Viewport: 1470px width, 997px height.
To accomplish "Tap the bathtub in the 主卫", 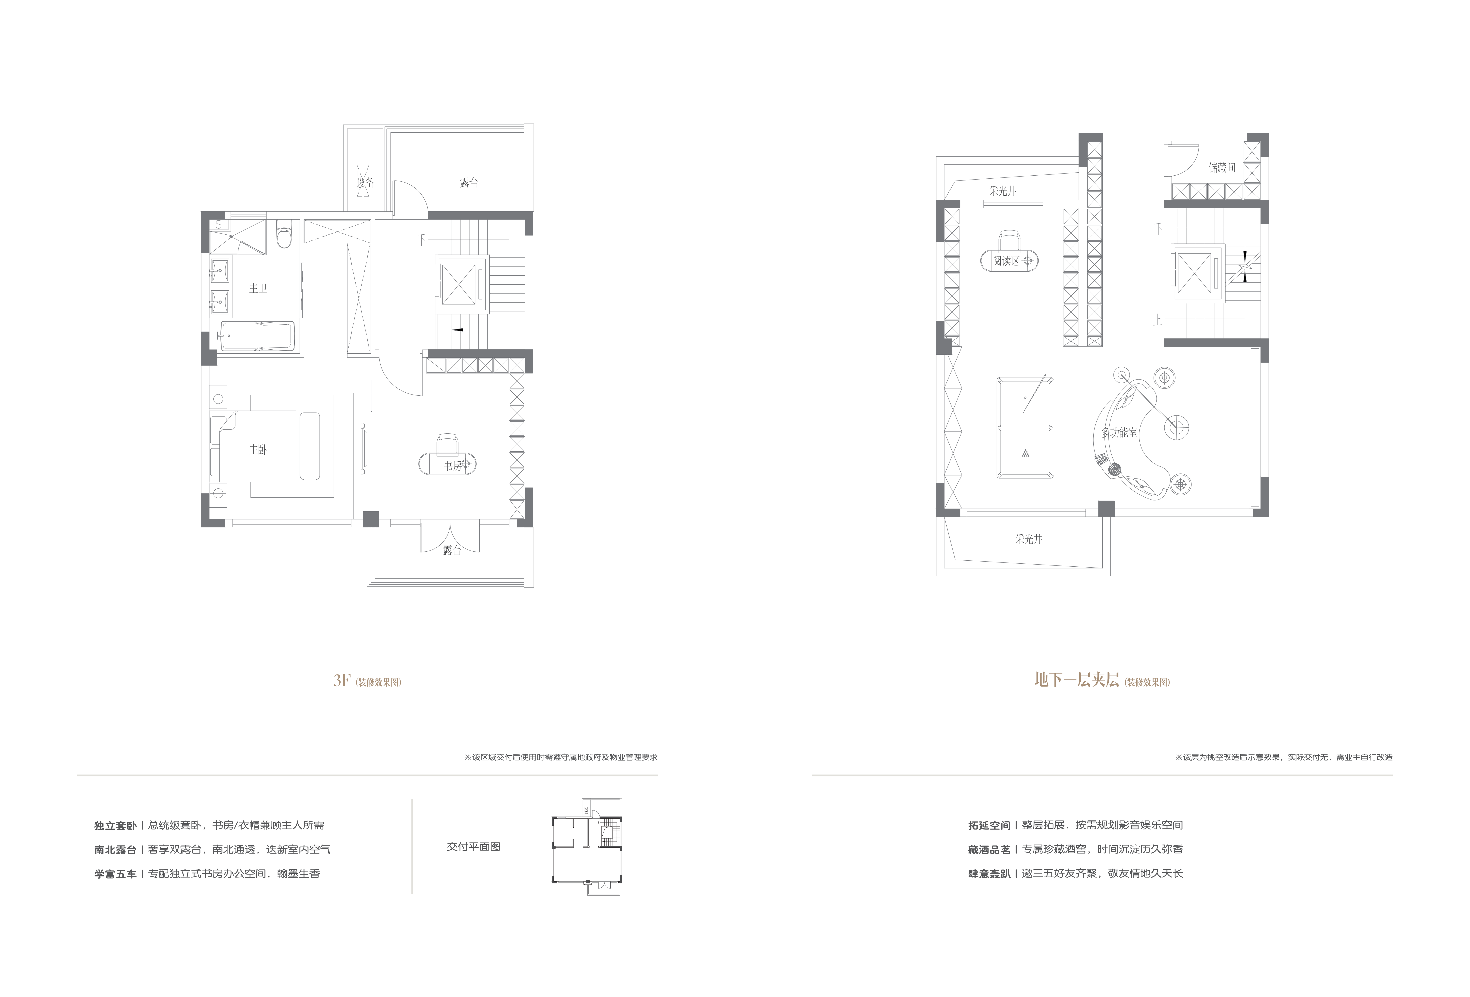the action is [x=257, y=337].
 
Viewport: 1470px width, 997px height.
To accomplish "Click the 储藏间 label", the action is [x=1221, y=168].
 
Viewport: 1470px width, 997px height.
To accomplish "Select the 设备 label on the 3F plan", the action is [x=365, y=183].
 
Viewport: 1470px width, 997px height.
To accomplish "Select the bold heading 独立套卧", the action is [x=115, y=825].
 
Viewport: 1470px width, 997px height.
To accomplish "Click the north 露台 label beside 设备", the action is [x=469, y=183].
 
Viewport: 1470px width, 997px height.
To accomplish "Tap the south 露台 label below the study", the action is [x=452, y=551].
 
